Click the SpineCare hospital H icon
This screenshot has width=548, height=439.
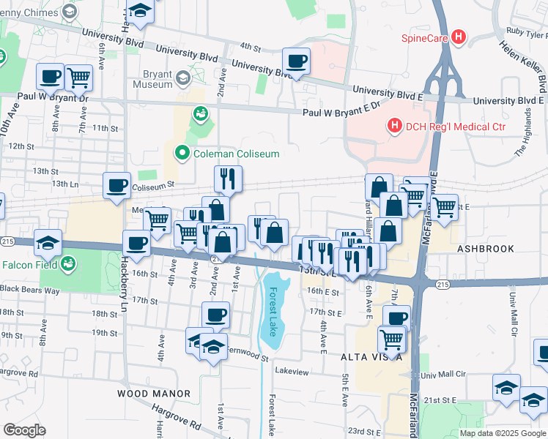tap(459, 36)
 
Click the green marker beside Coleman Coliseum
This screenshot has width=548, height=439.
tap(181, 153)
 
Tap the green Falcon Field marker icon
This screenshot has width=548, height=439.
tap(68, 264)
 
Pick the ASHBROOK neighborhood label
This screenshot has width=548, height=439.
tap(486, 249)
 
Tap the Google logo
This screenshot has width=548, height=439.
tap(24, 429)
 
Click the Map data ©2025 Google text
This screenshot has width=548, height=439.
tap(503, 433)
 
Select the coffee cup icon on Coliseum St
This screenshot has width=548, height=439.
tap(116, 187)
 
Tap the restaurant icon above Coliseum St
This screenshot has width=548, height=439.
tap(228, 179)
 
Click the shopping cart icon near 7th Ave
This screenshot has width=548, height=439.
tap(78, 76)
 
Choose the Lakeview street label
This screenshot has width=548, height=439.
tap(292, 372)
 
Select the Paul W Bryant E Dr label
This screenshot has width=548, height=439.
tap(342, 109)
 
